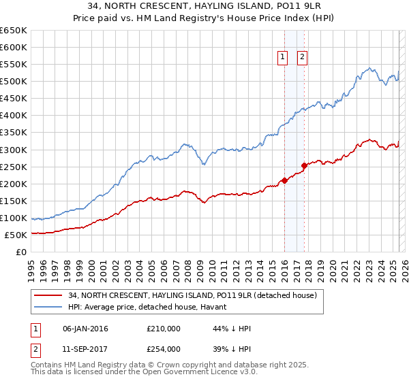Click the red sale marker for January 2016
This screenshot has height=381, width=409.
point(284,180)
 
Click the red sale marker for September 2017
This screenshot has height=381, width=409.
point(304,165)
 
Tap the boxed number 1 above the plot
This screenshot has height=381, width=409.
point(282,58)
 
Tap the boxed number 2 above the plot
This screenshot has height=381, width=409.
point(302,58)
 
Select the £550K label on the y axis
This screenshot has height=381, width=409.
point(13,65)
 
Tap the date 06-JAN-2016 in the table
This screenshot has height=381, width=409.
point(85,329)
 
